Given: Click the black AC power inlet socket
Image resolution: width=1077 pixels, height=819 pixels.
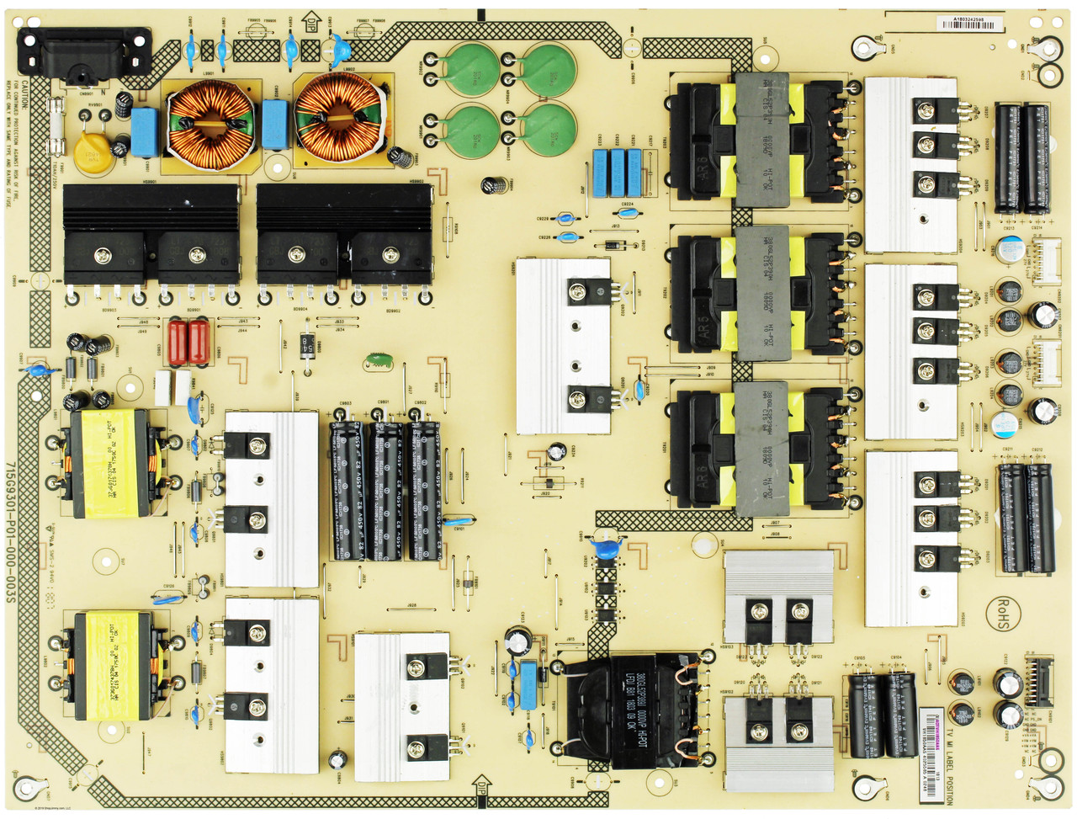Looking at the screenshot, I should (84, 54).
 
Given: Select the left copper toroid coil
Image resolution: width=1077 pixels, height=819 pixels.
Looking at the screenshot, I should (211, 122).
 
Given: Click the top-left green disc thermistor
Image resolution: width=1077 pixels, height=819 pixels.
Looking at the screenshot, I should (471, 70).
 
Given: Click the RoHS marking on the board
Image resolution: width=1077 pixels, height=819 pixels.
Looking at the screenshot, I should (1001, 613).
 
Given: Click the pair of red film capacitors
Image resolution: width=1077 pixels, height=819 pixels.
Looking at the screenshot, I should (188, 342).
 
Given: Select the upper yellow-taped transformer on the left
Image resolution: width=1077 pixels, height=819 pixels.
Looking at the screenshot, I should (109, 463).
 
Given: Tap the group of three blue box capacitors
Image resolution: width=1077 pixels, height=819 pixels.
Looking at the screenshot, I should (617, 173).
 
